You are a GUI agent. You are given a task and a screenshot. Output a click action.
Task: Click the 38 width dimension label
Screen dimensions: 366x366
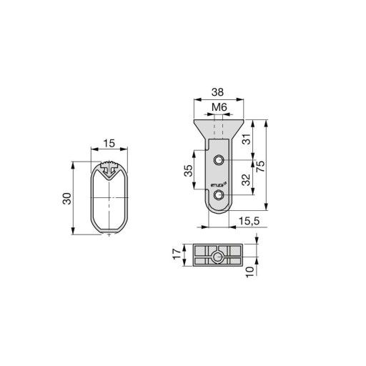tap(217, 92)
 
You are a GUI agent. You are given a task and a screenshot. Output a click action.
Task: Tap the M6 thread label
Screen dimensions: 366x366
tap(219, 107)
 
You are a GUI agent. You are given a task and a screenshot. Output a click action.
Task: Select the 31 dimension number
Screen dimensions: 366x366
tap(247, 139)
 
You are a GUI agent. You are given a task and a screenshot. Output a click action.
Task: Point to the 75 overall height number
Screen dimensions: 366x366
tap(260, 167)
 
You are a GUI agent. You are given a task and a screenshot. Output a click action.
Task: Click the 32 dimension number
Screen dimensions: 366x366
tap(246, 180)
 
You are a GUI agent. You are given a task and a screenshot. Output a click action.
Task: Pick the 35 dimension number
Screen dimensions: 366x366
tap(188, 170)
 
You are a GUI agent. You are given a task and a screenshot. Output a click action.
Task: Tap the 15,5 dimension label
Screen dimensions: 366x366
tap(249, 221)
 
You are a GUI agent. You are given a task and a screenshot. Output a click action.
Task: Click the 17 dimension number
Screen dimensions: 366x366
tap(177, 254)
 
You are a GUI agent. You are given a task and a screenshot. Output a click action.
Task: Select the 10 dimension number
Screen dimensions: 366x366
tap(249, 272)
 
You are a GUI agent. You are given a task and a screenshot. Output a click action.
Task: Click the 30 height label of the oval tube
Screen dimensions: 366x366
tap(67, 199)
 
